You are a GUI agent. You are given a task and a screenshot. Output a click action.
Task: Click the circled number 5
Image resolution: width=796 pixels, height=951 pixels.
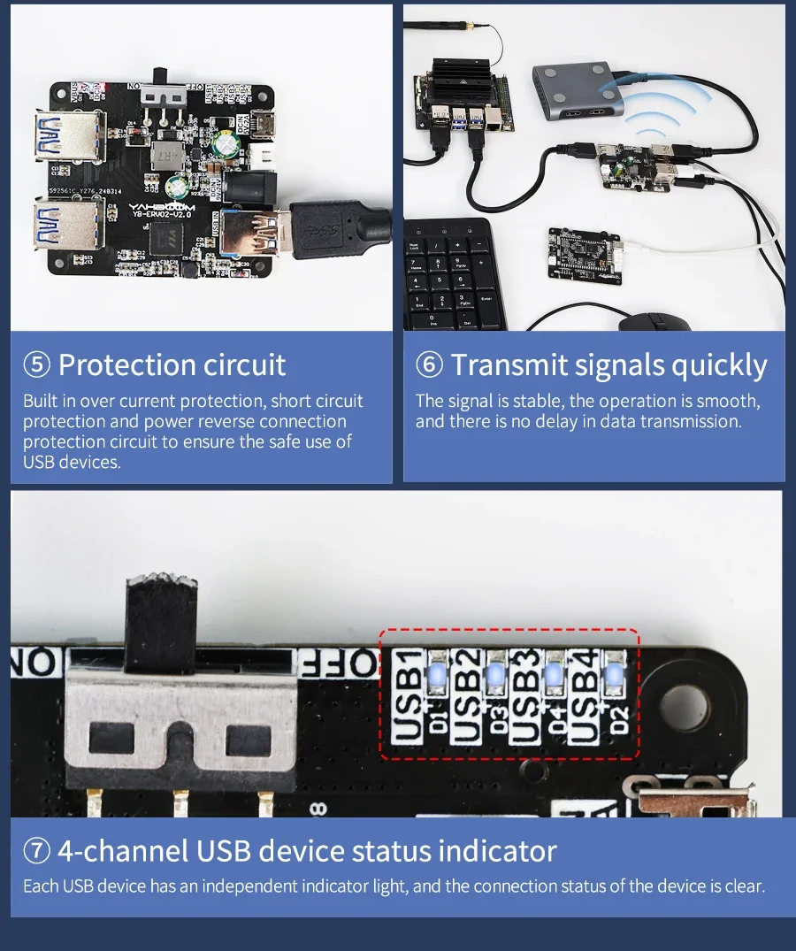[x=36, y=365]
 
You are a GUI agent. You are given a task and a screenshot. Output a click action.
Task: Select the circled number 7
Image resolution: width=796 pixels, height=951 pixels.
[x=36, y=851]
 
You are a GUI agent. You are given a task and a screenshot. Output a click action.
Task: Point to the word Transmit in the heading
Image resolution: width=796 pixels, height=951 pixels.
[x=508, y=364]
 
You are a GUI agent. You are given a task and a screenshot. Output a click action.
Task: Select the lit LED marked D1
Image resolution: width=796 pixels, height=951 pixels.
[x=436, y=677]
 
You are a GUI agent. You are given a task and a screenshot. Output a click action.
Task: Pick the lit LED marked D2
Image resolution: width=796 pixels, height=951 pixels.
[x=613, y=677]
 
